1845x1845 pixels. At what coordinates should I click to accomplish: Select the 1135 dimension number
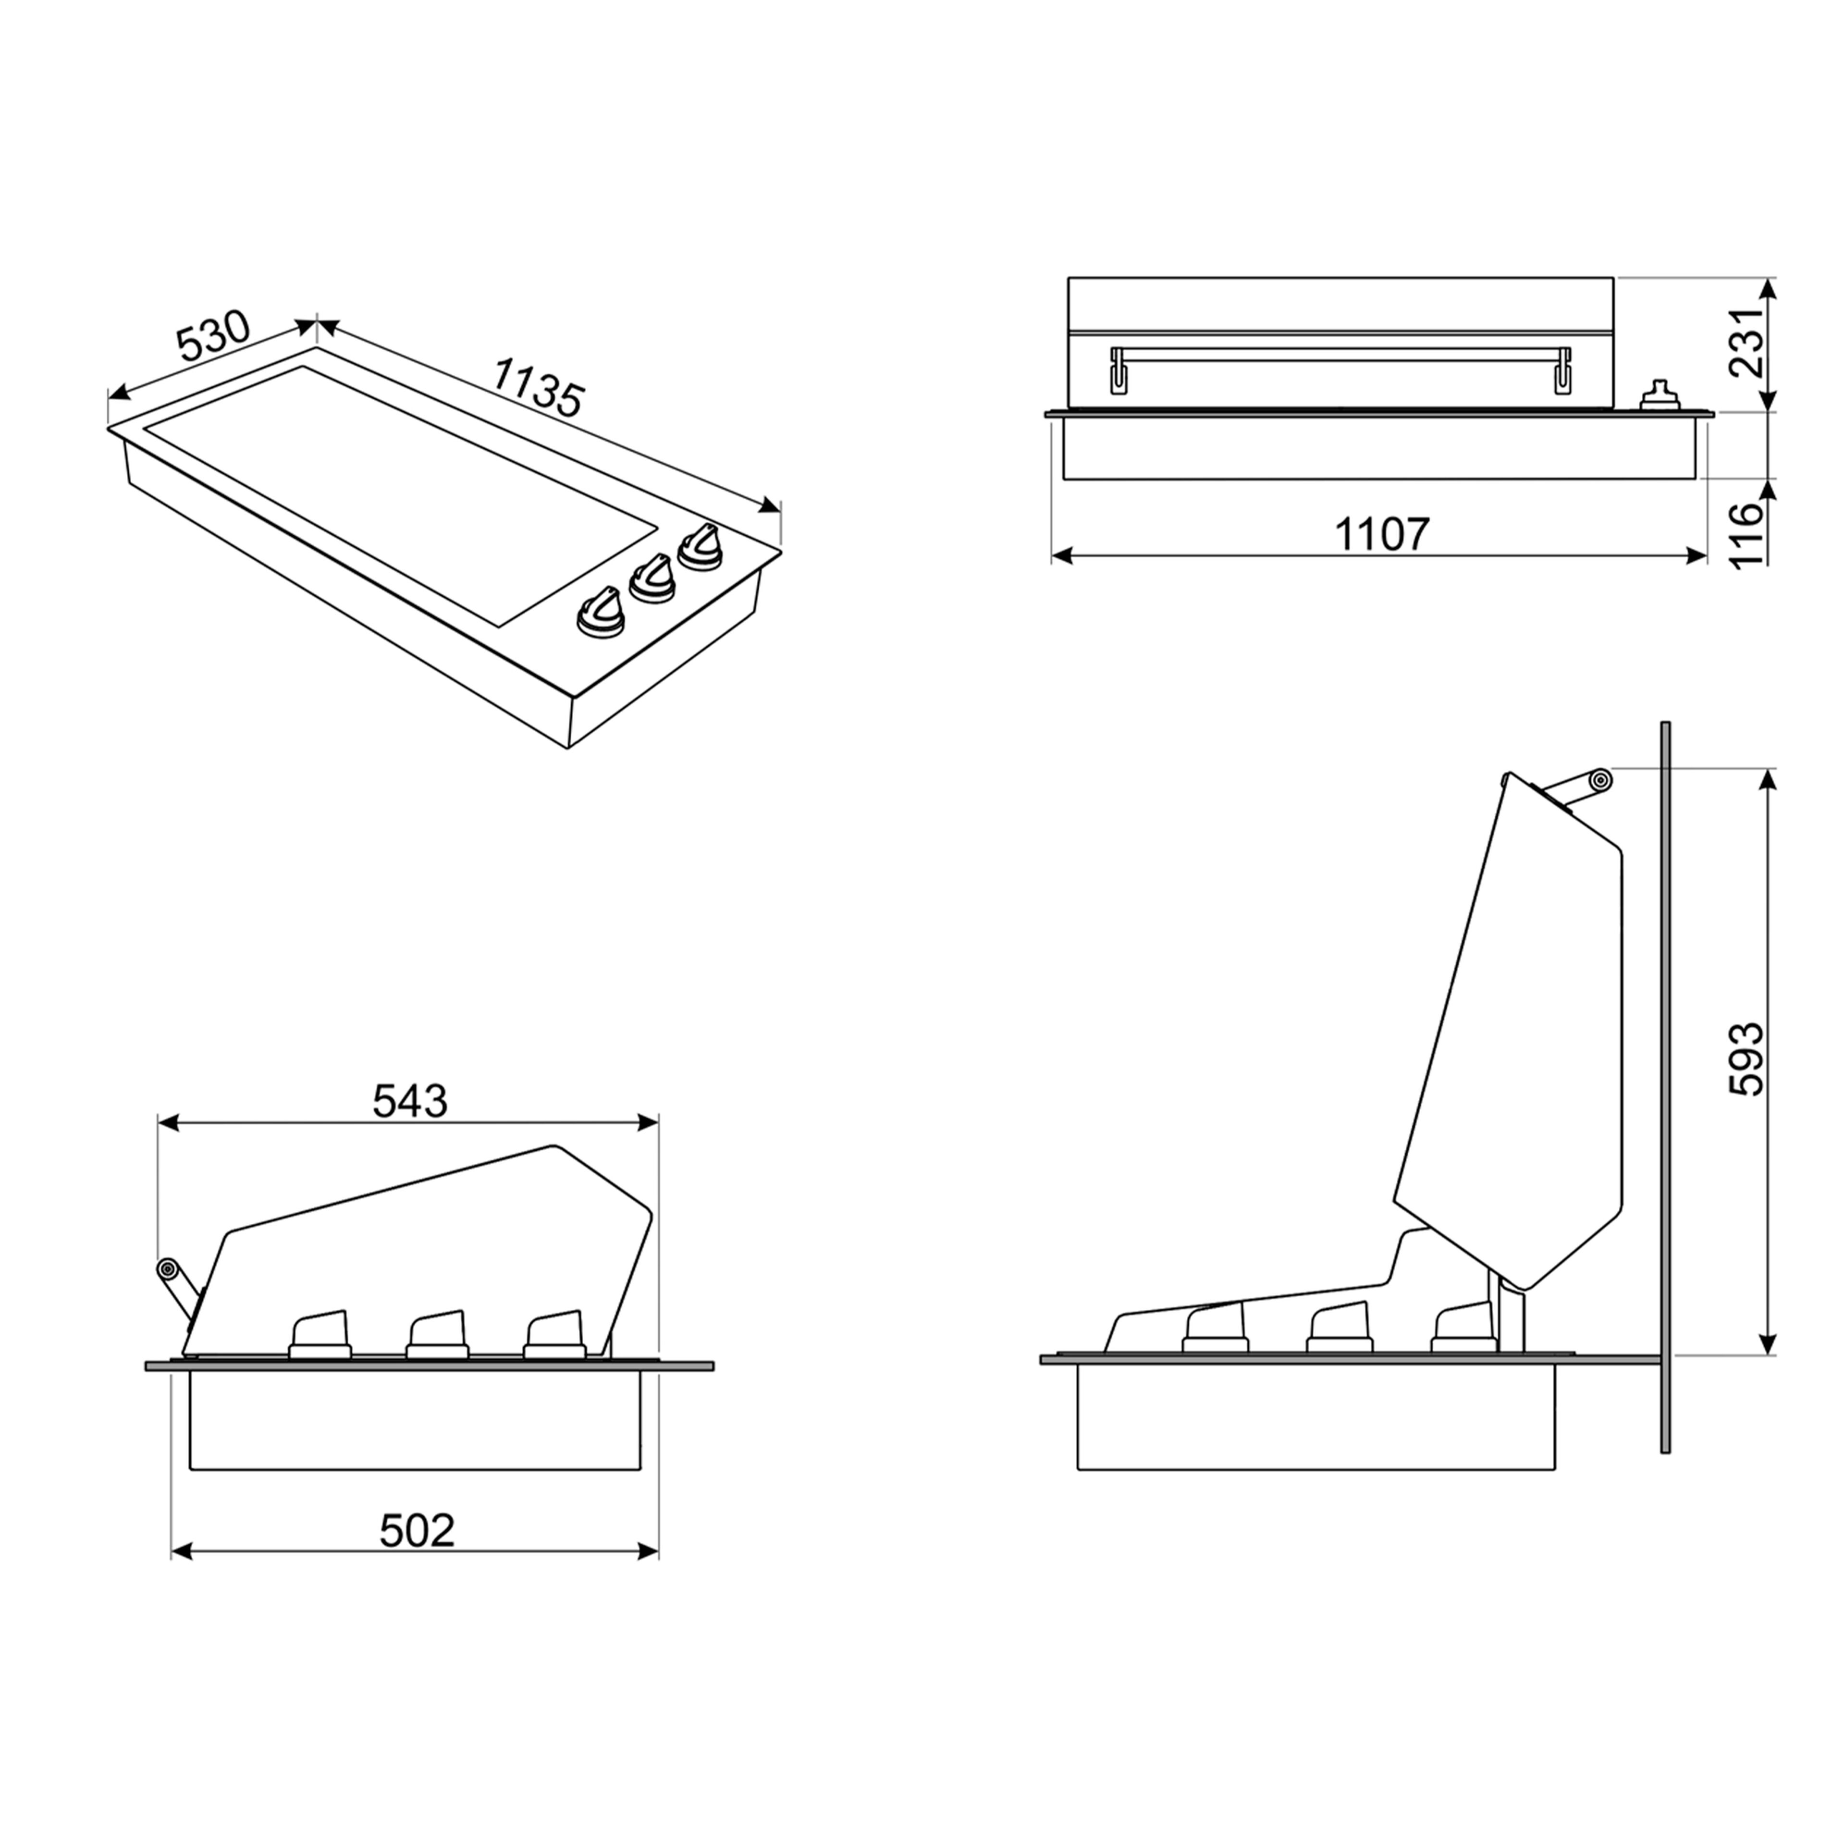pos(538,388)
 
